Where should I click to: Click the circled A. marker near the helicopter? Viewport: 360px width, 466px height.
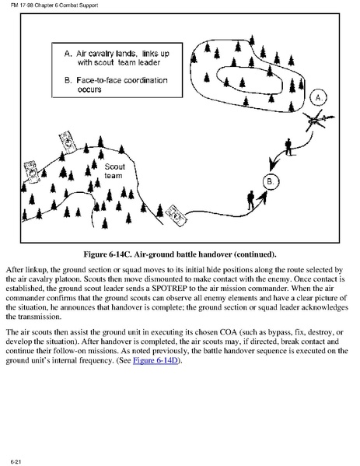319,98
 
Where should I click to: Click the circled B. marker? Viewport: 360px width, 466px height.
271,181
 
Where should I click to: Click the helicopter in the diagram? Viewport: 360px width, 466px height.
317,120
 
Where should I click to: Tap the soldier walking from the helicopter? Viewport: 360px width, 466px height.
288,147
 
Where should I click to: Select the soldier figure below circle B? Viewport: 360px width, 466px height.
250,200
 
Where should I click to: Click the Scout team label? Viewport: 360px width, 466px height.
114,171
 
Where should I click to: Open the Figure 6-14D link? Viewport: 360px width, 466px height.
156,360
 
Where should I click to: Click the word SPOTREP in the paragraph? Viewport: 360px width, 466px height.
169,289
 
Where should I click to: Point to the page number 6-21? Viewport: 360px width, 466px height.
16,461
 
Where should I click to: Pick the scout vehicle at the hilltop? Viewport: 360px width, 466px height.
68,142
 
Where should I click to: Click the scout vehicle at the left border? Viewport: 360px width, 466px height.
31,171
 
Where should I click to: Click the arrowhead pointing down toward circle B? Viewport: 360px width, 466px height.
274,164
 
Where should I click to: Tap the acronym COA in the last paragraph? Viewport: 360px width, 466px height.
228,332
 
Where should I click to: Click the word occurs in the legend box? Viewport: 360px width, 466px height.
89,89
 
